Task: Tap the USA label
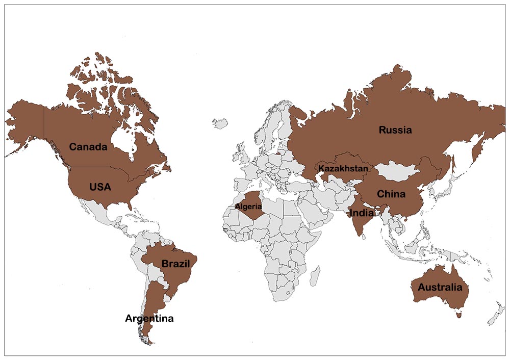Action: click(100, 187)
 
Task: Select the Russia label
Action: click(395, 130)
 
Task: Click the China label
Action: click(391, 194)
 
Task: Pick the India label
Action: click(361, 213)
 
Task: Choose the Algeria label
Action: click(248, 207)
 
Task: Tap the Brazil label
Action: click(175, 264)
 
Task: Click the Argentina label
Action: click(149, 319)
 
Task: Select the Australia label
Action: click(440, 288)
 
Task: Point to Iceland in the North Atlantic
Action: click(220, 123)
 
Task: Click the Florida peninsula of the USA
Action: click(131, 204)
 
